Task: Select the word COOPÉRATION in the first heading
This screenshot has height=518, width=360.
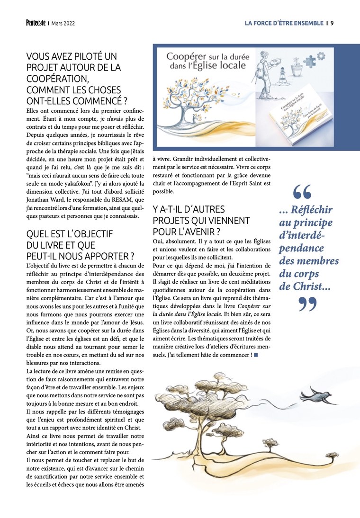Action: [57, 79]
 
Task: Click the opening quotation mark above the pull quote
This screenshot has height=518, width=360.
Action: [302, 192]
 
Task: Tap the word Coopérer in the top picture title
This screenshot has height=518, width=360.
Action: [186, 56]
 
